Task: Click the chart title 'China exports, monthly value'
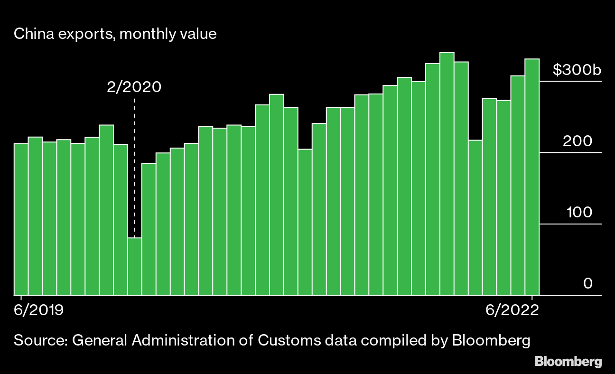115,35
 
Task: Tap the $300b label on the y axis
577,70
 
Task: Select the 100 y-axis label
579,213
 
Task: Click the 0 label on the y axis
588,284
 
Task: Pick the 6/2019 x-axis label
39,310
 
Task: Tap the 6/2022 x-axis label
512,310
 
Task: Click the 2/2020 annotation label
134,87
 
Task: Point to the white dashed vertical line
135,166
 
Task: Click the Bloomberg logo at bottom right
568,362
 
